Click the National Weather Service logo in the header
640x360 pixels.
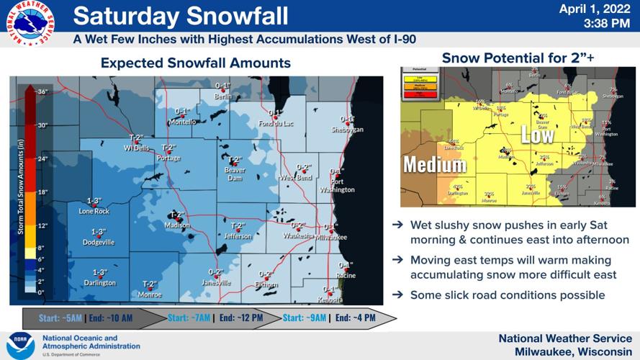click(x=30, y=23)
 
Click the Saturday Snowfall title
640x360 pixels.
click(x=181, y=15)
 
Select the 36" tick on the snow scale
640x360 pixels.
click(x=42, y=91)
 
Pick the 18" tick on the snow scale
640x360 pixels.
click(x=42, y=192)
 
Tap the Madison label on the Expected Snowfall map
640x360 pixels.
click(x=177, y=225)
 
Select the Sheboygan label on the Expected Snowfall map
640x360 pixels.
click(x=347, y=129)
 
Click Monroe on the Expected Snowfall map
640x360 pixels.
click(x=149, y=294)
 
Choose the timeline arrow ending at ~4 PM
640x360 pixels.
click(x=338, y=318)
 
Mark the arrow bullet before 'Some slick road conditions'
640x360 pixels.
click(x=397, y=295)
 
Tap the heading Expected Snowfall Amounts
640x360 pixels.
click(x=195, y=63)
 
